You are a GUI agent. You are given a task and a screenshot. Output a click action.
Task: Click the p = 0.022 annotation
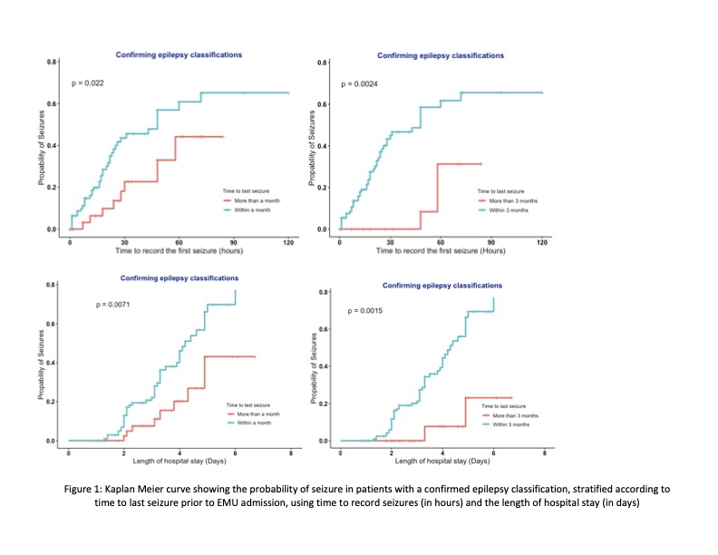pos(88,83)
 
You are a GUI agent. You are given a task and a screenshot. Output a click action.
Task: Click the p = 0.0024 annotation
pos(359,84)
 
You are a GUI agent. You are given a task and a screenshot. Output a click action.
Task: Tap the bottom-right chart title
pos(442,286)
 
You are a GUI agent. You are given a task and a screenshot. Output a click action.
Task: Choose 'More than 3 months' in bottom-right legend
pos(512,416)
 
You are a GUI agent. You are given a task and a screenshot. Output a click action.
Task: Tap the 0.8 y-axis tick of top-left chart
pos(53,63)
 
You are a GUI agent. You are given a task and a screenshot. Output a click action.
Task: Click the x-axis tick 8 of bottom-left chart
pos(291,453)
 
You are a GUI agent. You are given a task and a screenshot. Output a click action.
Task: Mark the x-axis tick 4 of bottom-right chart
pos(442,453)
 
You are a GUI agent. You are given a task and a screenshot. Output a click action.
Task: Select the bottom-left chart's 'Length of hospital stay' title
pos(179,462)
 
